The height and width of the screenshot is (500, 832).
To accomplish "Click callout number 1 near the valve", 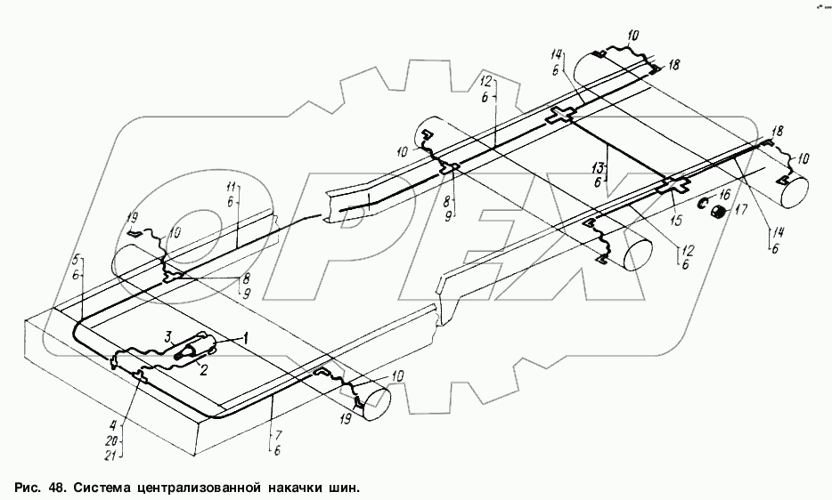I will click(247, 338).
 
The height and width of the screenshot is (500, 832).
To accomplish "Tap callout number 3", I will click(167, 336).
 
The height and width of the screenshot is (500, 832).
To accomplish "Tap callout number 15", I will click(675, 219).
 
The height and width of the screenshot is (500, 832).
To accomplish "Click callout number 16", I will click(725, 194).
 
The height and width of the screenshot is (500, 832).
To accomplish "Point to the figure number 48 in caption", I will click(53, 488).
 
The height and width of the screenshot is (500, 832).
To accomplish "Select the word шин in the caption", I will click(347, 488).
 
